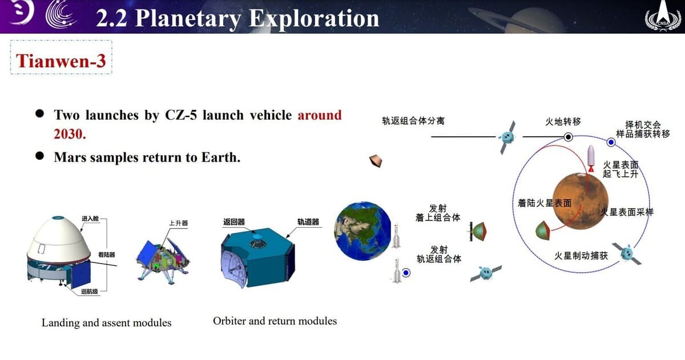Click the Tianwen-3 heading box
point(61,60)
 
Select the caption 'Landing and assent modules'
point(106,323)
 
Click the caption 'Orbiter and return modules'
point(275,321)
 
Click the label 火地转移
point(563,122)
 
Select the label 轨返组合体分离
point(413,121)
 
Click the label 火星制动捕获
point(581,256)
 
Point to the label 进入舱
point(90,219)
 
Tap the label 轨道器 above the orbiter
point(308,221)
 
